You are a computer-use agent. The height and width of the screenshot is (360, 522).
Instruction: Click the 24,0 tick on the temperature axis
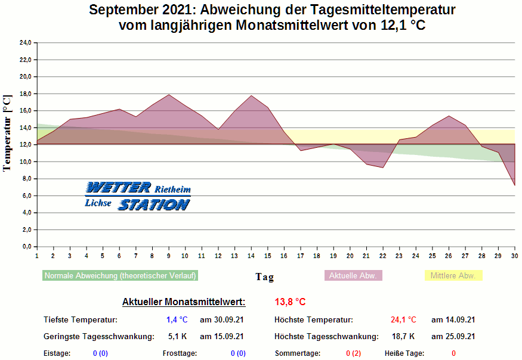click(26, 43)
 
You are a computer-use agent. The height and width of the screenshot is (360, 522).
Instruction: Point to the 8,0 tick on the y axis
click(26, 179)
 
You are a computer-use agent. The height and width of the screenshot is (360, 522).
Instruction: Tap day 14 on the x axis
click(251, 256)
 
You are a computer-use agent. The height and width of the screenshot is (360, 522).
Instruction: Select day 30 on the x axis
click(514, 256)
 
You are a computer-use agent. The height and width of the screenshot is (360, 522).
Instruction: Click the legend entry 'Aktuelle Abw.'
click(353, 276)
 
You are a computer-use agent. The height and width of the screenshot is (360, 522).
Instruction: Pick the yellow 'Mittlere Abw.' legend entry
click(453, 276)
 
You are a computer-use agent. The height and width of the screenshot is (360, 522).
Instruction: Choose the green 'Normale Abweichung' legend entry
click(120, 276)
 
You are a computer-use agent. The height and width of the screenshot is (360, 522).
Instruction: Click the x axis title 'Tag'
click(264, 277)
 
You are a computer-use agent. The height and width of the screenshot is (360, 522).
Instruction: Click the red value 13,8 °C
click(290, 302)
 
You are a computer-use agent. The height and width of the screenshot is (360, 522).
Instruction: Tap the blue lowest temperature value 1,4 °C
click(177, 320)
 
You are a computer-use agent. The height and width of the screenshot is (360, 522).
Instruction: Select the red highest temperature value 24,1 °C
click(403, 320)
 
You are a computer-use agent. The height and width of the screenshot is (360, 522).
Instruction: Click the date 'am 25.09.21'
click(453, 337)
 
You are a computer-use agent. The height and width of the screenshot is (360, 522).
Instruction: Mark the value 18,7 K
click(403, 337)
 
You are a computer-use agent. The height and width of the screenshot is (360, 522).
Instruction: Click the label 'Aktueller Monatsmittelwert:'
click(184, 302)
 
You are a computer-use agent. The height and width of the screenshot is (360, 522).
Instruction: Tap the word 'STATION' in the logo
click(154, 204)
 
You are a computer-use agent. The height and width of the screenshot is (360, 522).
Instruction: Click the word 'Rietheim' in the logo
click(172, 189)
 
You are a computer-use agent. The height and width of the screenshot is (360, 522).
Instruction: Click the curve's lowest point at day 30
click(514, 185)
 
